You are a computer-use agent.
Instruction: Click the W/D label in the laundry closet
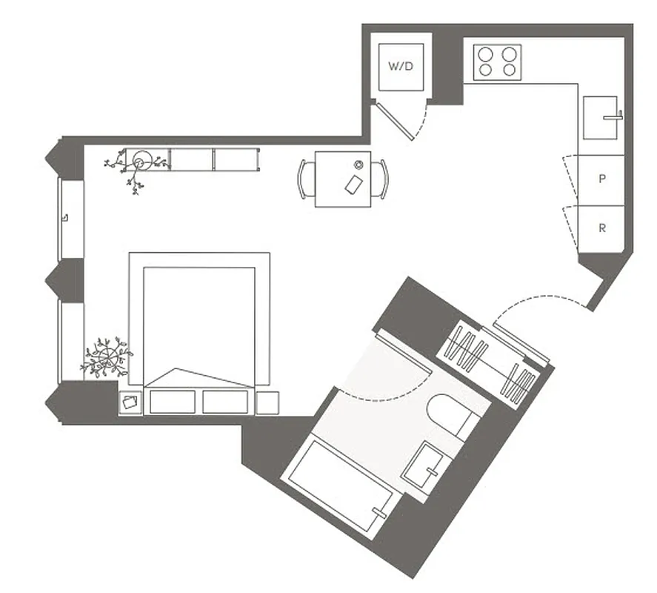coord(400,66)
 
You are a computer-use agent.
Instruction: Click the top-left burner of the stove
coord(486,54)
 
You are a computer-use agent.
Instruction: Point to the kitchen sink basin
coord(601,117)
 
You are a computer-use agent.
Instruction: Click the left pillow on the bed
coord(172,402)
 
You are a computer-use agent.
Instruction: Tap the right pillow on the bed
coord(224,402)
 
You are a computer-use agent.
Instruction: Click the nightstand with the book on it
coord(130,402)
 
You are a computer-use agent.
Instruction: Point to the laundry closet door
coord(395,120)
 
